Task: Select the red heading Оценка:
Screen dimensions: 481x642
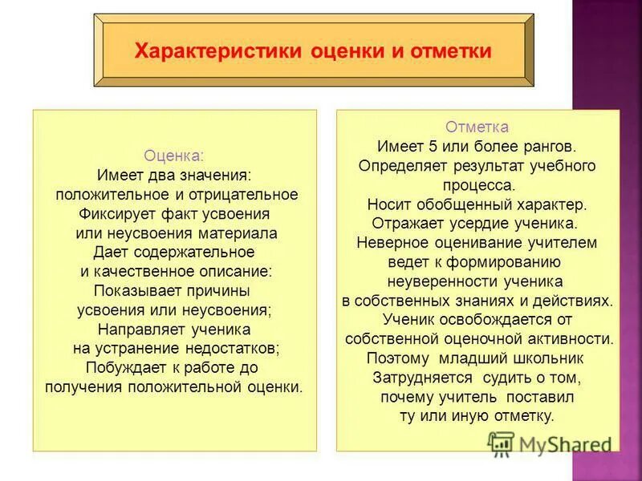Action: [x=174, y=156]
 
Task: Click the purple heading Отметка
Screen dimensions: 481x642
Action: [x=477, y=127]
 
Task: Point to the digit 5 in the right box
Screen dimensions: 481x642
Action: [x=430, y=147]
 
